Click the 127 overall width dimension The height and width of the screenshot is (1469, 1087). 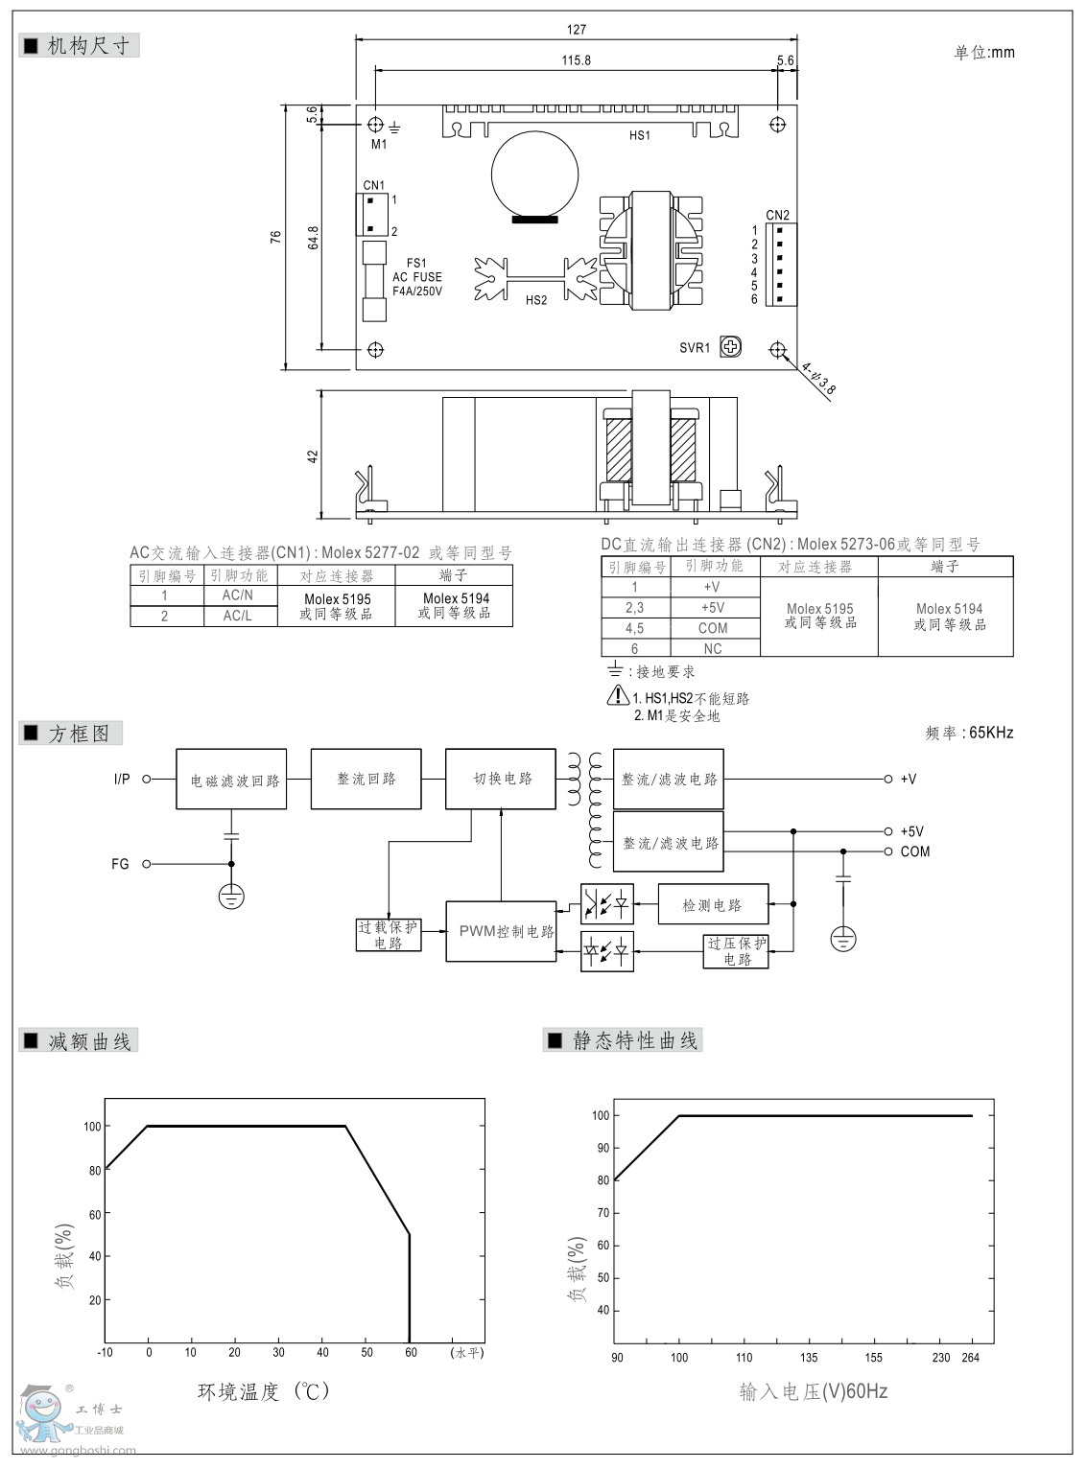pyautogui.click(x=576, y=30)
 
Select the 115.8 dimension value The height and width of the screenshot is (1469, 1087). pyautogui.click(x=576, y=60)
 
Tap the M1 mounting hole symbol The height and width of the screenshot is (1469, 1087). pyautogui.click(x=375, y=125)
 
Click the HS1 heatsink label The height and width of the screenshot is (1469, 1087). pyautogui.click(x=639, y=135)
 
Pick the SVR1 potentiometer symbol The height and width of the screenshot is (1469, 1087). pyautogui.click(x=730, y=347)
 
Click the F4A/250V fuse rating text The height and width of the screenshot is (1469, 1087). pyautogui.click(x=417, y=291)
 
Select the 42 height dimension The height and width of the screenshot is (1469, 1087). pyautogui.click(x=313, y=455)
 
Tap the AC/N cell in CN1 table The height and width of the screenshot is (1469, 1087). pyautogui.click(x=238, y=595)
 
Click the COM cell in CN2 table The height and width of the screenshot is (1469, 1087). pyautogui.click(x=712, y=628)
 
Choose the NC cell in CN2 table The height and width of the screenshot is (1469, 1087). pyautogui.click(x=712, y=649)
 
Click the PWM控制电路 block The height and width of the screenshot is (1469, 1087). pyautogui.click(x=501, y=931)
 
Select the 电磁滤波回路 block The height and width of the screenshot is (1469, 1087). pyautogui.click(x=231, y=780)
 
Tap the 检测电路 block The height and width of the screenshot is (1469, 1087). pyautogui.click(x=712, y=904)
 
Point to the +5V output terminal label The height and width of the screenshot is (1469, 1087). pyautogui.click(x=911, y=831)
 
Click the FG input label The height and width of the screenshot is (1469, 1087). pyautogui.click(x=120, y=864)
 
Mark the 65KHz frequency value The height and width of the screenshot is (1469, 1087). pyautogui.click(x=991, y=733)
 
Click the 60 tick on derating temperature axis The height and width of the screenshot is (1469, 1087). pyautogui.click(x=411, y=1352)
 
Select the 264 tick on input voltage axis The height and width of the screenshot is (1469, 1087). pyautogui.click(x=972, y=1357)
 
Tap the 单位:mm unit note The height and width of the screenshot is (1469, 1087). pyautogui.click(x=983, y=53)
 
